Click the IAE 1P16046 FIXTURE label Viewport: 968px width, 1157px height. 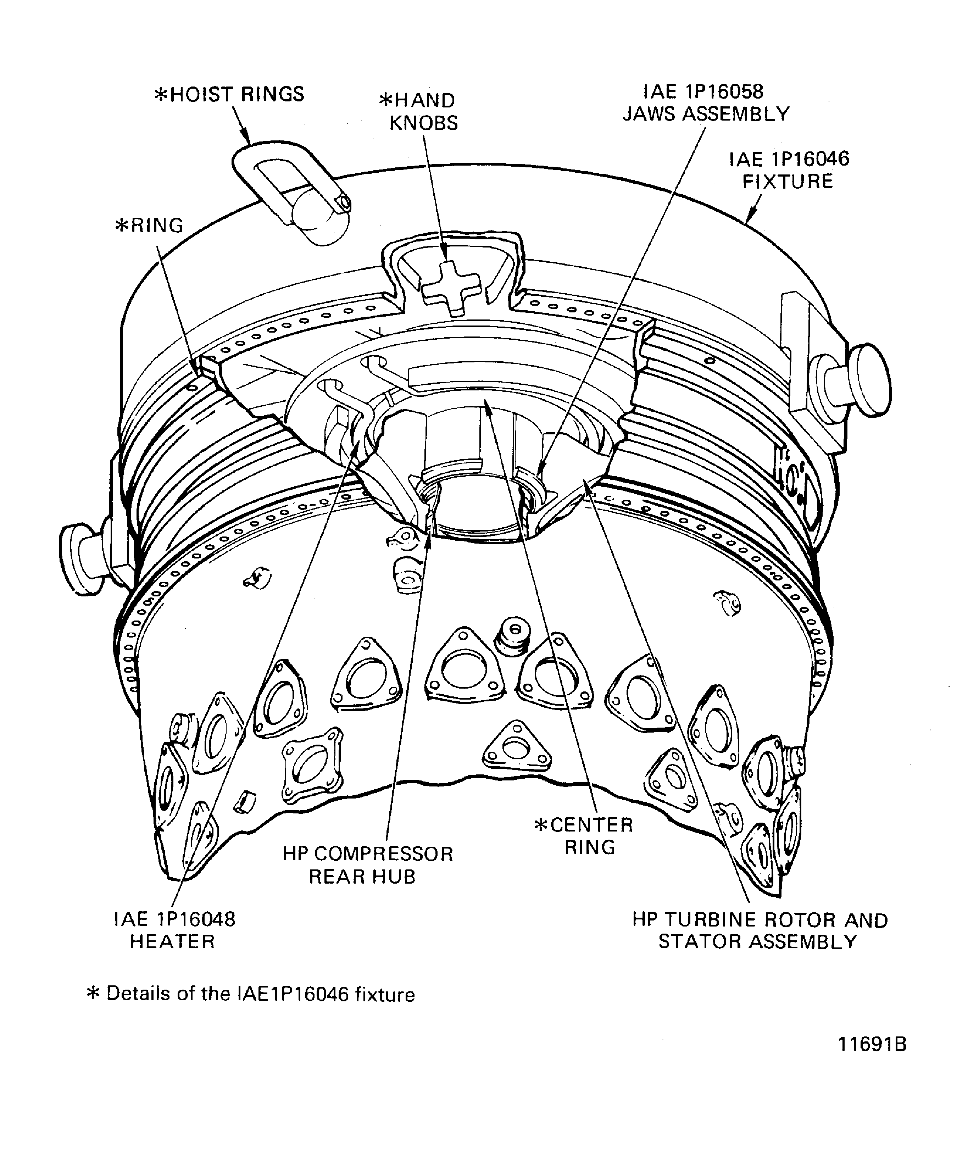pyautogui.click(x=788, y=170)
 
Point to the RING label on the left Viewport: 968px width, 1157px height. pyautogui.click(x=149, y=226)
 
